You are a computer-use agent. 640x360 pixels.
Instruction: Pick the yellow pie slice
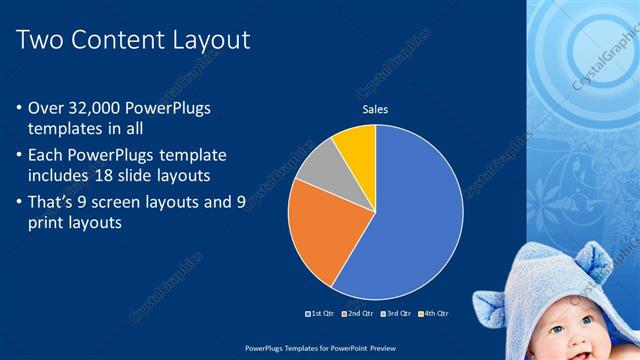click(355, 144)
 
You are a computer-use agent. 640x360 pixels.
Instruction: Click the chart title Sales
click(375, 109)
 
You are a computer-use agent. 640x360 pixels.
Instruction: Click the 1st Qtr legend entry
click(319, 313)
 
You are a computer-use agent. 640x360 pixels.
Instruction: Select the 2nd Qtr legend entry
click(359, 313)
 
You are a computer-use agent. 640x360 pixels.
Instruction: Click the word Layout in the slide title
click(207, 40)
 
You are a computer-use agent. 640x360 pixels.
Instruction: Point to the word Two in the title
click(42, 40)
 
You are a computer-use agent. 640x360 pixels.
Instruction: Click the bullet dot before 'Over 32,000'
click(21, 108)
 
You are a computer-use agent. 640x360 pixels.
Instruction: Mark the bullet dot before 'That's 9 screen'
click(21, 203)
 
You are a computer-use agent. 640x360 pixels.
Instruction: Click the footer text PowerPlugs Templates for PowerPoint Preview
click(319, 348)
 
